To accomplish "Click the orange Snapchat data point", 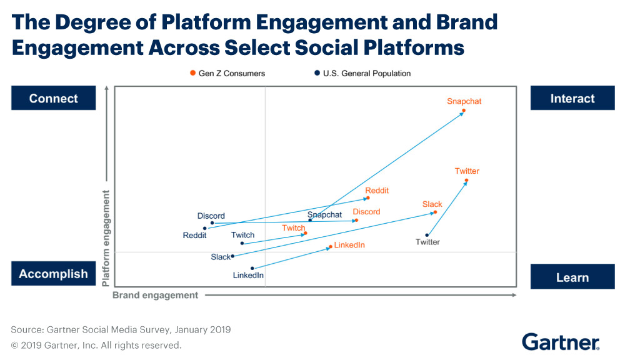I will (464, 111).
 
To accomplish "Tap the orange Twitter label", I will (467, 171).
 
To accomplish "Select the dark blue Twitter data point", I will (427, 235).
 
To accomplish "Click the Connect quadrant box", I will (54, 99).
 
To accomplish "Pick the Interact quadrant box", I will (572, 99).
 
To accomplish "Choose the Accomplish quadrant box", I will (54, 274).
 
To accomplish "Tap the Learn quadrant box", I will (572, 277).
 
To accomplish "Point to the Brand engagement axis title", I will (155, 295).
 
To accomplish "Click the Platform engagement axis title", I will (106, 238).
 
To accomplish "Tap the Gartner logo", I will (561, 342).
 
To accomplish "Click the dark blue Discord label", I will (211, 216).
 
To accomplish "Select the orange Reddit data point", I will (367, 198).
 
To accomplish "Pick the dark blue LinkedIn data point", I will (252, 268).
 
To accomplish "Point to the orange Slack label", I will (432, 204).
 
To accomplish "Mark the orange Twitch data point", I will (305, 233).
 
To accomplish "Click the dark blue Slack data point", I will (232, 256).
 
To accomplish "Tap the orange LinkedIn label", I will (349, 245).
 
